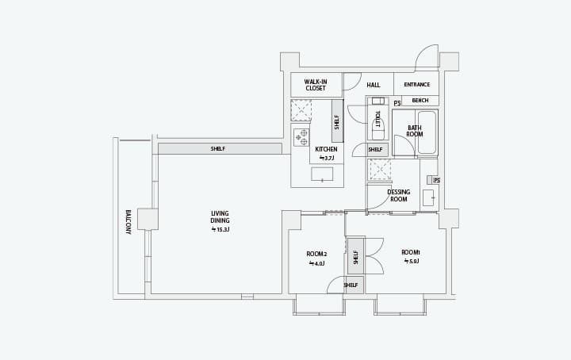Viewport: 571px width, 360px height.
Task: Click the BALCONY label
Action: (128, 222)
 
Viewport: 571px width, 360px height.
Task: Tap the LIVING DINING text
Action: (220, 217)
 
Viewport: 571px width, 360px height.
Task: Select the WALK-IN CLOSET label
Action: (316, 85)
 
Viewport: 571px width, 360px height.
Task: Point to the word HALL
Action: (374, 85)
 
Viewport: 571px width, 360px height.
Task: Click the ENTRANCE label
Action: (417, 84)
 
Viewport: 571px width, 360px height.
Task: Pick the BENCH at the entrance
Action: (420, 101)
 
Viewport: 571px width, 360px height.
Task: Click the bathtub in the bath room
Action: (427, 132)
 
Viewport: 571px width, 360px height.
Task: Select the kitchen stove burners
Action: (301, 137)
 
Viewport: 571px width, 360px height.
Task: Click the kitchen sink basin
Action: (322, 174)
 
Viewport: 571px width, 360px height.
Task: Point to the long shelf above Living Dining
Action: (220, 148)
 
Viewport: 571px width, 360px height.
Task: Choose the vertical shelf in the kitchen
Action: (337, 121)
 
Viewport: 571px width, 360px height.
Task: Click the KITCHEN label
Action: (326, 149)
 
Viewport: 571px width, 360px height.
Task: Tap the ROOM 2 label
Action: (316, 254)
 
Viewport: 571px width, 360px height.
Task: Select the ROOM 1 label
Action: (411, 252)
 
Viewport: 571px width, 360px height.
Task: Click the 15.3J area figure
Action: (220, 230)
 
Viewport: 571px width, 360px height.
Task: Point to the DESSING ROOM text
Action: (398, 196)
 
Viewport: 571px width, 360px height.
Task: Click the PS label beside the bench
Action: (397, 103)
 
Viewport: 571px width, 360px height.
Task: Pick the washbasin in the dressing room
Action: (428, 197)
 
